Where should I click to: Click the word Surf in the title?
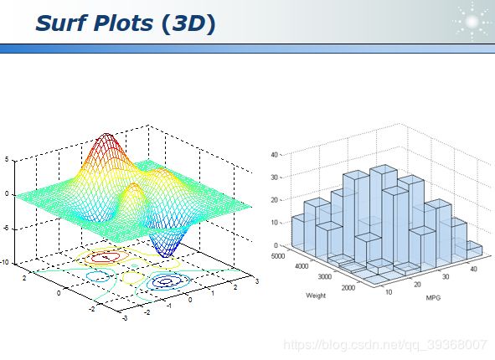pyautogui.click(x=61, y=23)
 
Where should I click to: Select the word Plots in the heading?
pyautogui.click(x=123, y=23)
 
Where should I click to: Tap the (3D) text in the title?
pyautogui.click(x=188, y=24)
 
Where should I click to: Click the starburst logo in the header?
pyautogui.click(x=472, y=22)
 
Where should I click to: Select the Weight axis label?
pyautogui.click(x=316, y=296)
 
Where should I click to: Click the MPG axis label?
pyautogui.click(x=433, y=297)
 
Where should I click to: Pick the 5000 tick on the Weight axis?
pyautogui.click(x=278, y=256)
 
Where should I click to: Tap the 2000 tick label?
pyautogui.click(x=348, y=287)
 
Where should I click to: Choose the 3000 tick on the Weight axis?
pyautogui.click(x=324, y=277)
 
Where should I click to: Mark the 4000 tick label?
pyautogui.click(x=302, y=266)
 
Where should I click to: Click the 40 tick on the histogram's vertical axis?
pyautogui.click(x=275, y=155)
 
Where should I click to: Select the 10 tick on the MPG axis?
pyautogui.click(x=389, y=292)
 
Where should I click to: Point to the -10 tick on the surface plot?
pyautogui.click(x=4, y=262)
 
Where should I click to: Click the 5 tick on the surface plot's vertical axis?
pyautogui.click(x=7, y=159)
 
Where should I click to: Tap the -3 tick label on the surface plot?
pyautogui.click(x=125, y=318)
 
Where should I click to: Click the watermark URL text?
pyautogui.click(x=385, y=345)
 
